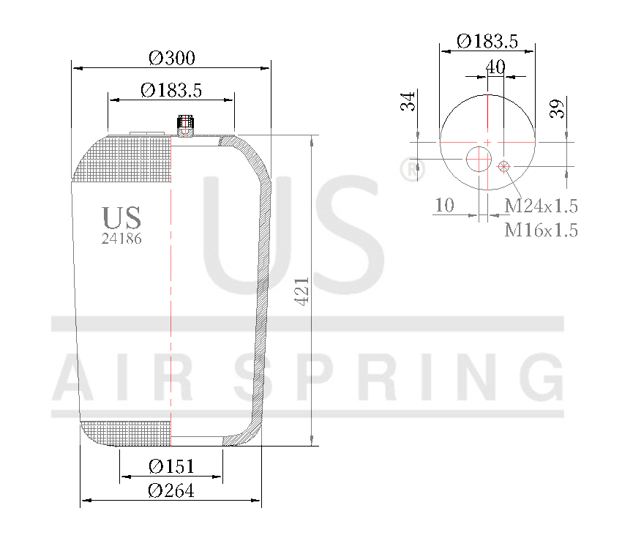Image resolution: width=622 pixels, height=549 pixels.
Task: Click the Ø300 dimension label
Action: tap(171, 57)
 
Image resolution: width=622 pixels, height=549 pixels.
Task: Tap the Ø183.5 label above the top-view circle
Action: tap(487, 41)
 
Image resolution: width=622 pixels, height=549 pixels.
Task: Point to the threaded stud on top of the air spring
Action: tap(184, 125)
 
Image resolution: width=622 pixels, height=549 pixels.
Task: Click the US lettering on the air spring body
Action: tap(121, 217)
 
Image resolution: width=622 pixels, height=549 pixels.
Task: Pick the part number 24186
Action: tap(121, 239)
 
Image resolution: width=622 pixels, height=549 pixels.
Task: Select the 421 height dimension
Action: tap(302, 291)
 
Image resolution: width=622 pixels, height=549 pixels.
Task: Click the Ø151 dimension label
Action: tap(171, 466)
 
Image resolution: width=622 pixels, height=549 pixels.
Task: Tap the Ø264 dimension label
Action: tap(171, 490)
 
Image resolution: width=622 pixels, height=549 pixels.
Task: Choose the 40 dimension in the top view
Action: tap(495, 67)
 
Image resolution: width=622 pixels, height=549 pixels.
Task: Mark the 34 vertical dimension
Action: tap(408, 100)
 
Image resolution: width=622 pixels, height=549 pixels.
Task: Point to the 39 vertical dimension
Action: tap(557, 109)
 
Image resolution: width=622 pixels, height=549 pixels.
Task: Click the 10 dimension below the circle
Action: tap(444, 205)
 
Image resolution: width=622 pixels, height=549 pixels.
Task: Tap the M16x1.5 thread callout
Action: tap(541, 230)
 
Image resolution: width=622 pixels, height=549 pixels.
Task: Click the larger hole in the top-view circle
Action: tap(479, 159)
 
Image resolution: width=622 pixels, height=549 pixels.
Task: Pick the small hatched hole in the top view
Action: tap(503, 167)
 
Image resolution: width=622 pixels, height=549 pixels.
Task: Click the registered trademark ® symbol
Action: tap(413, 169)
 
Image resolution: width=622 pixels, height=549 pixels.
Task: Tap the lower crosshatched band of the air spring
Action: tap(126, 433)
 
